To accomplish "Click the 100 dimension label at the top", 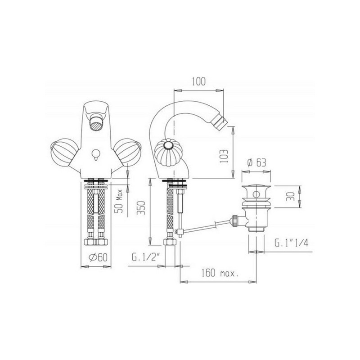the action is tap(199, 81).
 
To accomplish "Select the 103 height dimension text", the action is tap(224, 156).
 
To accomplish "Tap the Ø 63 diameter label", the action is tap(256, 162).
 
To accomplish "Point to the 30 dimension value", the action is tap(290, 197).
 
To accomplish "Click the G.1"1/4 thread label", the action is tap(291, 243).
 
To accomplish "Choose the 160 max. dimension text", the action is tap(220, 273).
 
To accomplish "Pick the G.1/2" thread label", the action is tap(145, 257).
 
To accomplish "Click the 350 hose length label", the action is tap(141, 208).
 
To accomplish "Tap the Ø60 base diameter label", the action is tap(98, 257).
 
